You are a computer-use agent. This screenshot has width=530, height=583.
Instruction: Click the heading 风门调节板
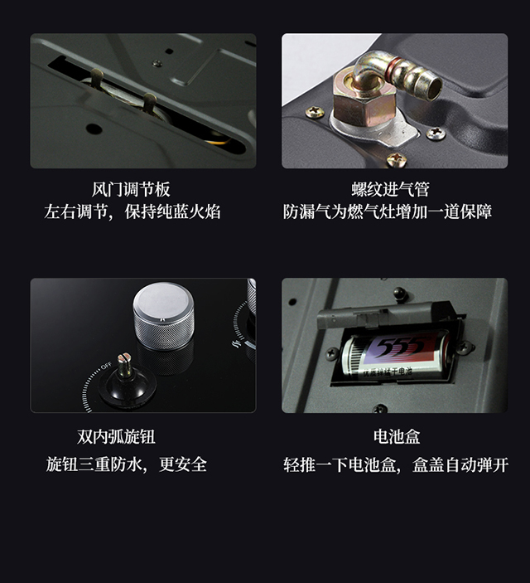[131, 189]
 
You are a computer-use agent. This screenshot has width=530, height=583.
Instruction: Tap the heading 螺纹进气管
[390, 189]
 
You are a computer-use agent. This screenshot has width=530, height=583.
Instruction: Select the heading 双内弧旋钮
[116, 436]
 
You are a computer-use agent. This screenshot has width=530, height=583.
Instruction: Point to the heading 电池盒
[397, 436]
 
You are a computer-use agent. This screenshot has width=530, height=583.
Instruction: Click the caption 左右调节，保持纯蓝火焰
[132, 211]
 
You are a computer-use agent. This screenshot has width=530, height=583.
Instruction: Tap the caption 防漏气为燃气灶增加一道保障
[388, 211]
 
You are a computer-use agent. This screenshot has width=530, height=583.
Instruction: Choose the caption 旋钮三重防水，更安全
[126, 464]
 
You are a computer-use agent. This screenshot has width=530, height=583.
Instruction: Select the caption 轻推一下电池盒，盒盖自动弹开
[396, 464]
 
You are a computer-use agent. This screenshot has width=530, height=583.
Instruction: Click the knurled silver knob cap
[163, 316]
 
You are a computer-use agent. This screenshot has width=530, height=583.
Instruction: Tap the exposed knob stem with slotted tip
[125, 365]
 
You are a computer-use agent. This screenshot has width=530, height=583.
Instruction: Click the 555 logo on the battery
[402, 346]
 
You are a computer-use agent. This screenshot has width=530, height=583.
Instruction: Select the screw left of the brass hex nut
[315, 111]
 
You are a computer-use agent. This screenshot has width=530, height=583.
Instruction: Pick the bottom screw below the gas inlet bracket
[397, 159]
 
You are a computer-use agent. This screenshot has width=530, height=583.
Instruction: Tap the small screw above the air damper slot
[157, 63]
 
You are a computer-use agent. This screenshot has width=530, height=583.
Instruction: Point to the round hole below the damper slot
[94, 129]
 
